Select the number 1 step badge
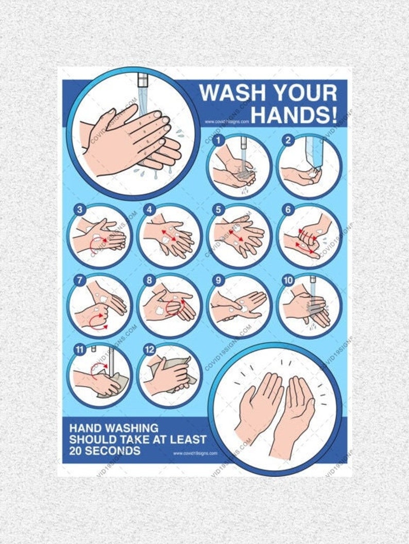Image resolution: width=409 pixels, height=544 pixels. point(218,139)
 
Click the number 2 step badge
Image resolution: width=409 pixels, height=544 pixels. point(288,139)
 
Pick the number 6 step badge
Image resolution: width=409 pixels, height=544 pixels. point(288,209)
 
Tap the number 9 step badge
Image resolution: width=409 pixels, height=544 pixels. point(218,280)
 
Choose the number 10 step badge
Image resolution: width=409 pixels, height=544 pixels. point(288,280)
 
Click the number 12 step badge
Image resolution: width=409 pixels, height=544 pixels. point(149,350)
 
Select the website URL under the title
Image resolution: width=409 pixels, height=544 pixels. point(227,122)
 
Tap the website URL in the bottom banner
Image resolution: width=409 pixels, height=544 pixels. point(195,453)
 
